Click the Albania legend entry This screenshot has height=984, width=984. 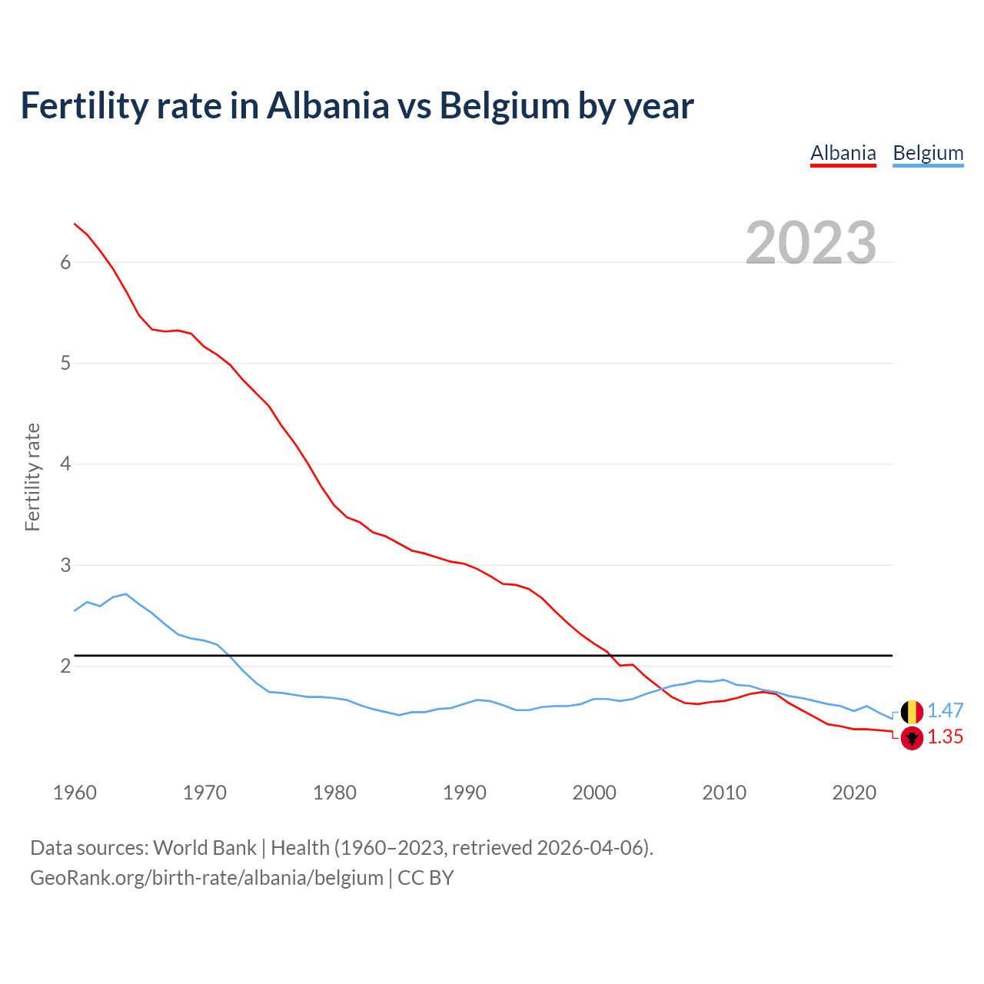point(843,153)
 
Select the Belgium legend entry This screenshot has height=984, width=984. point(928,153)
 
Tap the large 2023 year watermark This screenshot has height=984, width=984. point(811,243)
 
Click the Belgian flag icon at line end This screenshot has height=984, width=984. point(912,712)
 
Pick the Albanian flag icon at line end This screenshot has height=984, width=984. point(912,738)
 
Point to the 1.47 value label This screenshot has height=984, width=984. point(945,711)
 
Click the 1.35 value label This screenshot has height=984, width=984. point(945,737)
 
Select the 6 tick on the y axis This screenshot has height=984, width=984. point(65,262)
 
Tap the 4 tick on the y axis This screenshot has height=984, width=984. point(65,464)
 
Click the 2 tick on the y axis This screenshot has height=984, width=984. point(65,666)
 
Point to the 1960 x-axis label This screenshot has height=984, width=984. point(75,793)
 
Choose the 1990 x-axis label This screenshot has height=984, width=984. point(464,793)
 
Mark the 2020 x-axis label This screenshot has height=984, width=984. point(854,793)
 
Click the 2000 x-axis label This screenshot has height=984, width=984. point(594,793)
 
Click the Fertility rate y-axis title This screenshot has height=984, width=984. point(32,477)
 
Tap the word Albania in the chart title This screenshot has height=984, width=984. point(328,106)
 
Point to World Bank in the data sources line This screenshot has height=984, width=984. point(204,848)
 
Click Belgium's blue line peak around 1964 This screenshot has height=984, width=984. point(126,593)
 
